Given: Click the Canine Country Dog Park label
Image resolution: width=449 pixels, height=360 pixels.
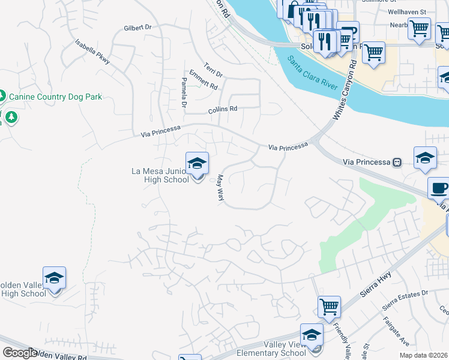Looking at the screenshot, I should coord(55,96).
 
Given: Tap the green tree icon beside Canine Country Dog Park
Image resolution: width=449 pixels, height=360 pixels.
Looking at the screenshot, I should coord(2,95).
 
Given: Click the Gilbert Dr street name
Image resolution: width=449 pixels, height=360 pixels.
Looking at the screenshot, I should coord(137,28).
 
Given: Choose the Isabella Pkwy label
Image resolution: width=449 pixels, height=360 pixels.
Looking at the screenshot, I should coord(93,52).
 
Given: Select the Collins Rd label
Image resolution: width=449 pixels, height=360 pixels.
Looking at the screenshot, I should coord(223,109).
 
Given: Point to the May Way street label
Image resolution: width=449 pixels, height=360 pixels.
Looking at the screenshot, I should coord(220,188).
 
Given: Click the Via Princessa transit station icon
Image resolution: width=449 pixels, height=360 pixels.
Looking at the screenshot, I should coord(397,162).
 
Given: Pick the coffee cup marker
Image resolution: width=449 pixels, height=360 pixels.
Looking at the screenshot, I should coord(439,188).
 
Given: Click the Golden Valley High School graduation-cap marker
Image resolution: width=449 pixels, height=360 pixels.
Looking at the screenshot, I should coord(54,278).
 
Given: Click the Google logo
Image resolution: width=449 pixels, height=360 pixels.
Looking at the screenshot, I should coord(20,353).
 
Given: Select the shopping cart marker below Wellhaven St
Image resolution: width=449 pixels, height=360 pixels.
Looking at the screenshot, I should coord(419,28).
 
